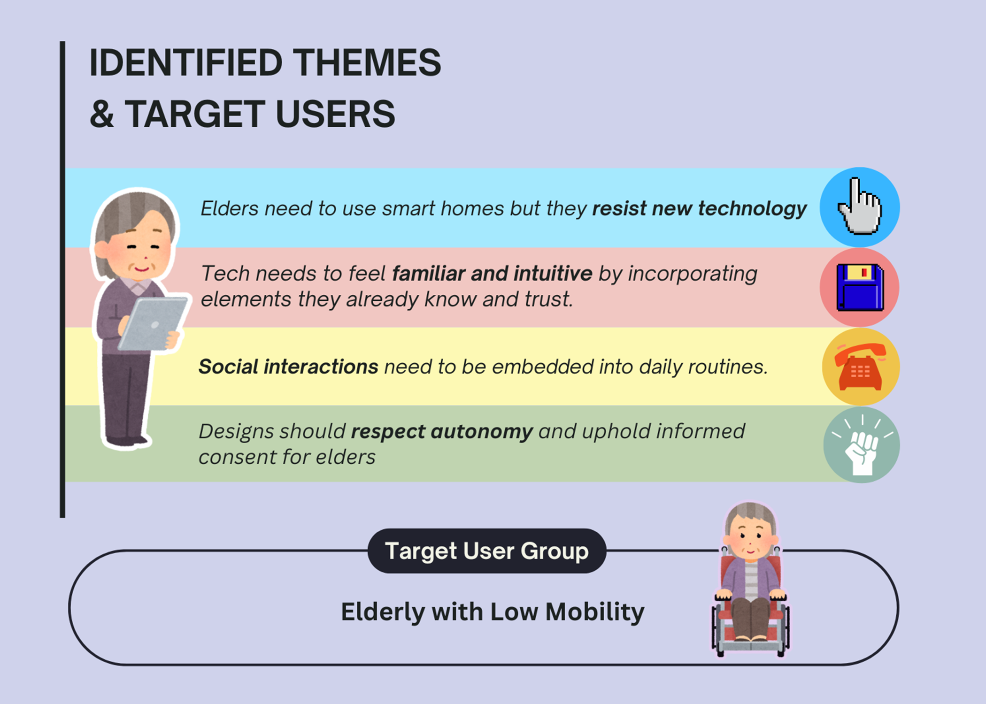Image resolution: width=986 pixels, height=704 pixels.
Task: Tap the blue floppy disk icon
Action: (860, 287)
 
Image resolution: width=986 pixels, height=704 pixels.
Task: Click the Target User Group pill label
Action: (487, 551)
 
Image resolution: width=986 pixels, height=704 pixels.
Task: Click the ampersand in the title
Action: (102, 114)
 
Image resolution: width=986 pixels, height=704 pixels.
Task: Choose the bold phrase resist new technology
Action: (699, 209)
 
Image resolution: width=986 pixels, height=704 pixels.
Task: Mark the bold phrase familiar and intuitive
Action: (492, 273)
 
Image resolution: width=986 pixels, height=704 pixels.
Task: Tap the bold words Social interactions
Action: (288, 367)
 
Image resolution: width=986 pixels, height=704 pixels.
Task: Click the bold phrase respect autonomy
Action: (442, 432)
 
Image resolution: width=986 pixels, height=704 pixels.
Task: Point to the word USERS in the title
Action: (335, 114)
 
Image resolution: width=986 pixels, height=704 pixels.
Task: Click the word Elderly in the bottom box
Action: (383, 612)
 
